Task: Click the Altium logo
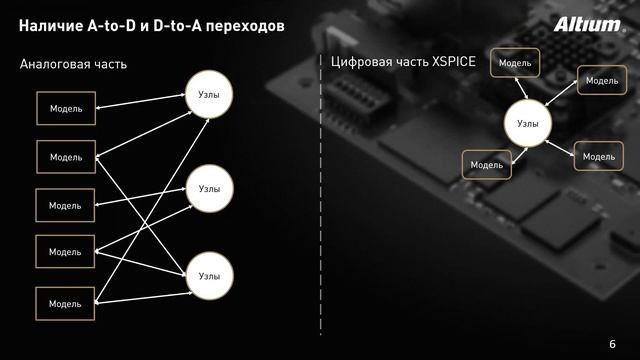pyautogui.click(x=586, y=24)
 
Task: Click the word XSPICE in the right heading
pyautogui.click(x=450, y=61)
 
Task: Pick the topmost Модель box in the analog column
pyautogui.click(x=65, y=108)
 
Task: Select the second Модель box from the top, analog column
pyautogui.click(x=65, y=157)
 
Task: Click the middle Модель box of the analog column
pyautogui.click(x=65, y=205)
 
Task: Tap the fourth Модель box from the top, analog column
pyautogui.click(x=65, y=251)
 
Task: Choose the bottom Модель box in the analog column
pyautogui.click(x=65, y=303)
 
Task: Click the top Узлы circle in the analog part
pyautogui.click(x=209, y=96)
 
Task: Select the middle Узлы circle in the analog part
pyautogui.click(x=209, y=188)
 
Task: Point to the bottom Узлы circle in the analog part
pyautogui.click(x=209, y=275)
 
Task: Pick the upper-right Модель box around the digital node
pyautogui.click(x=601, y=80)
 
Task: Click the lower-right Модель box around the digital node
pyautogui.click(x=598, y=157)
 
